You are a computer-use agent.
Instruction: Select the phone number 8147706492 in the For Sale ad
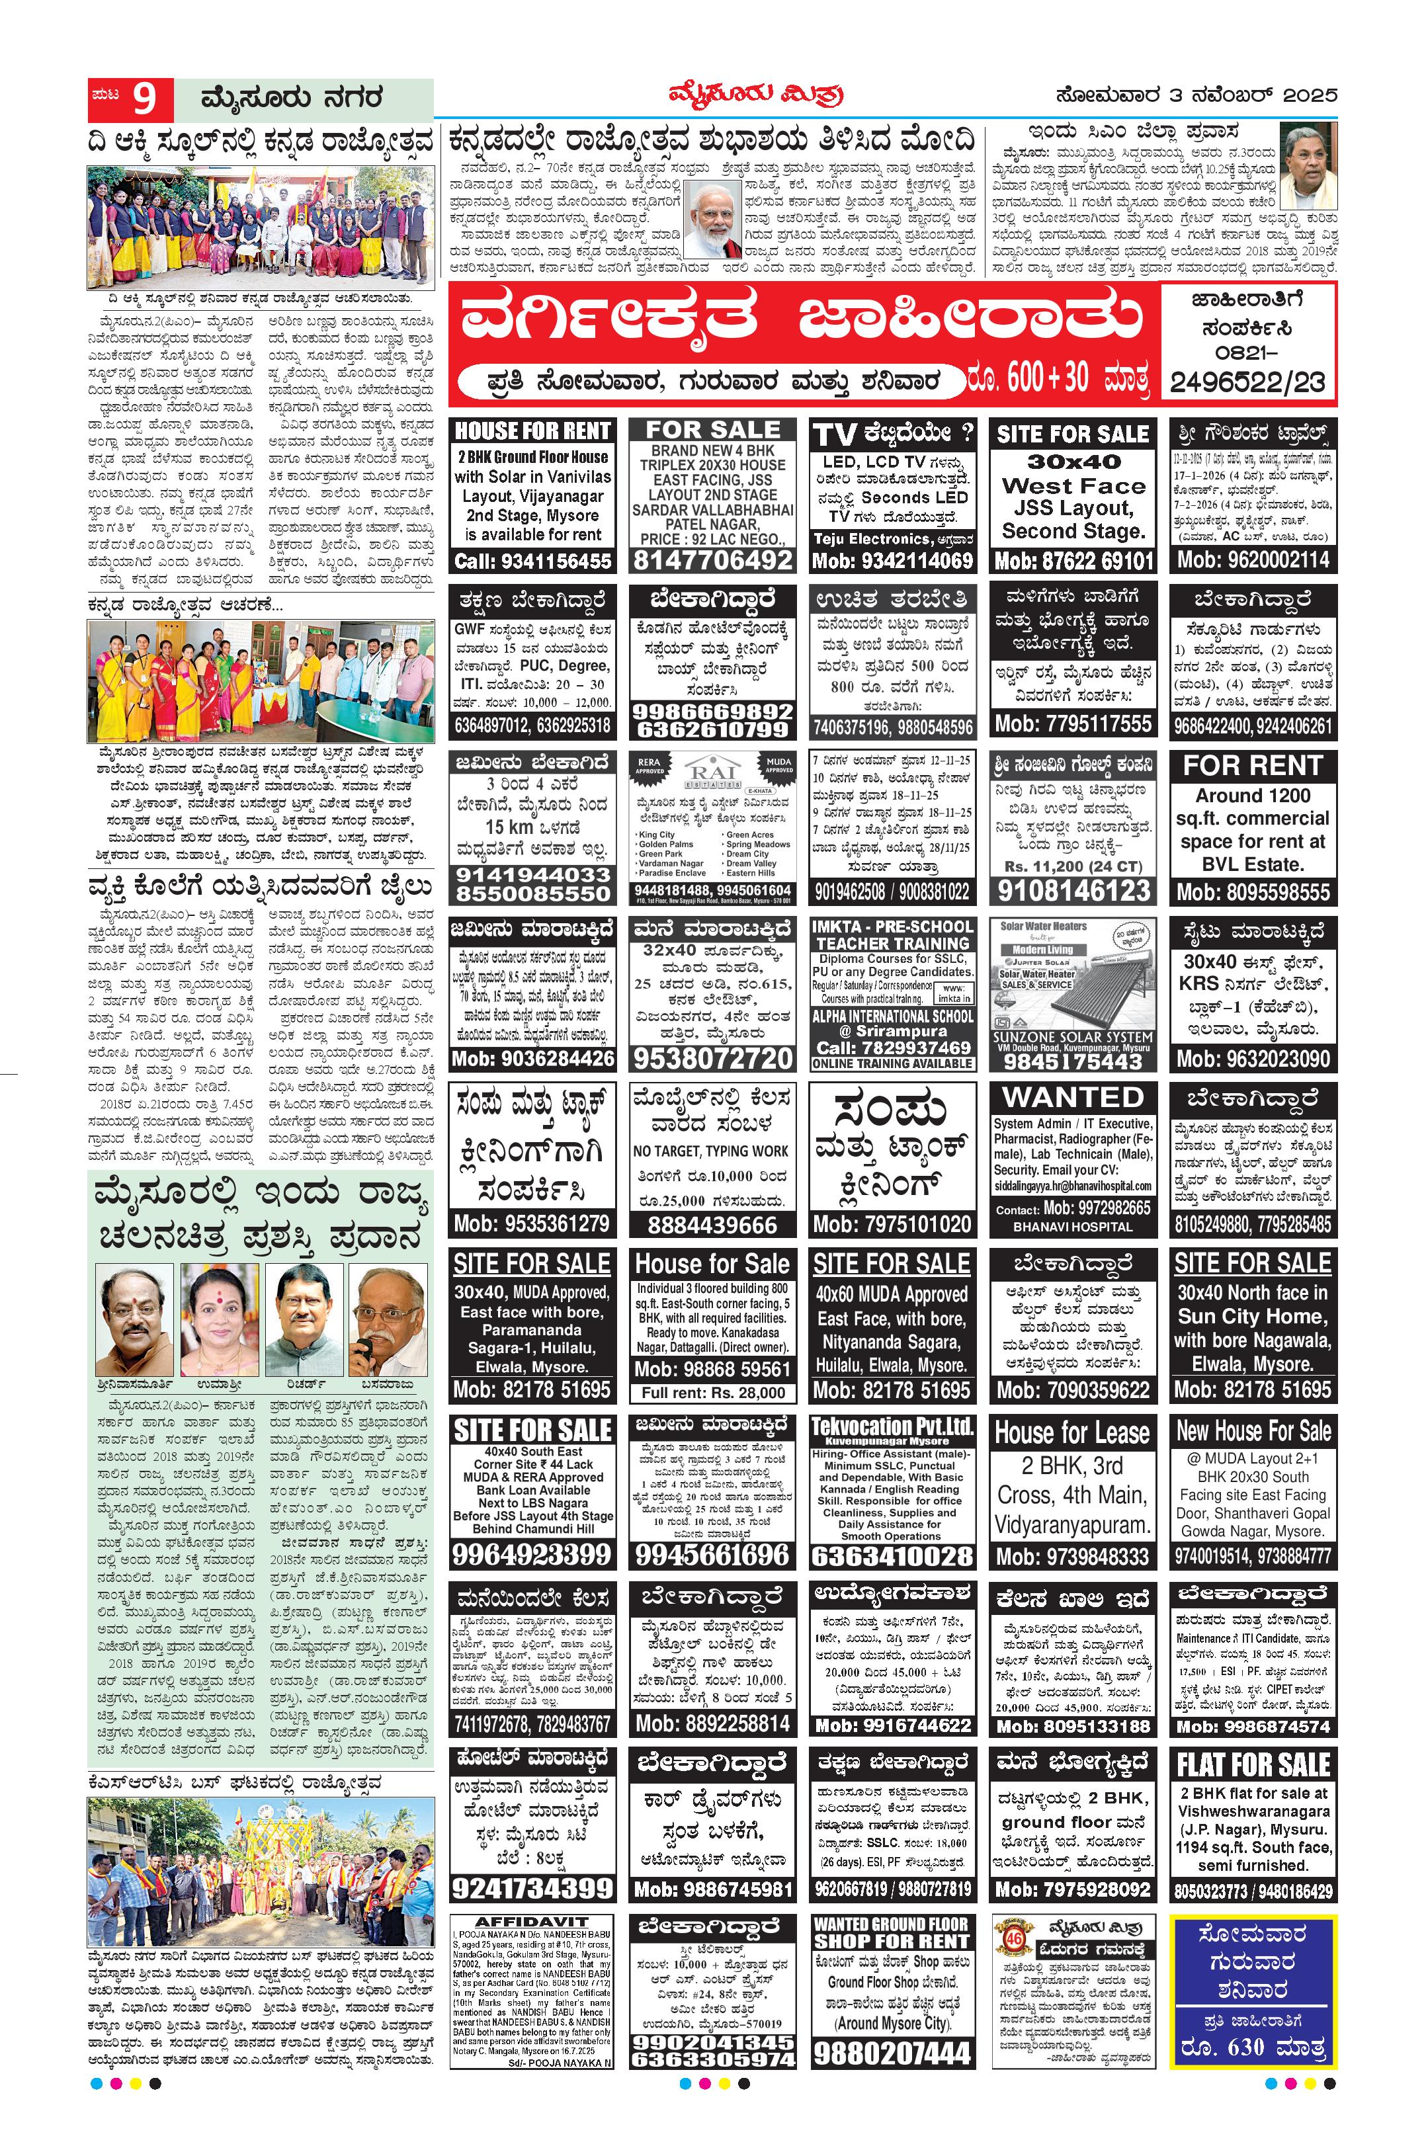(713, 560)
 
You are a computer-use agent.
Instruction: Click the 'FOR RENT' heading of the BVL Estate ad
(1252, 766)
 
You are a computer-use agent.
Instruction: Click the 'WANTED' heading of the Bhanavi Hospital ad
(1073, 1098)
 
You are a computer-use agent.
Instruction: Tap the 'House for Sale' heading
(712, 1264)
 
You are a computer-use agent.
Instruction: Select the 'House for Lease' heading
(1073, 1433)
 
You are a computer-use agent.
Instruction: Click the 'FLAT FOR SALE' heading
(1252, 1765)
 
